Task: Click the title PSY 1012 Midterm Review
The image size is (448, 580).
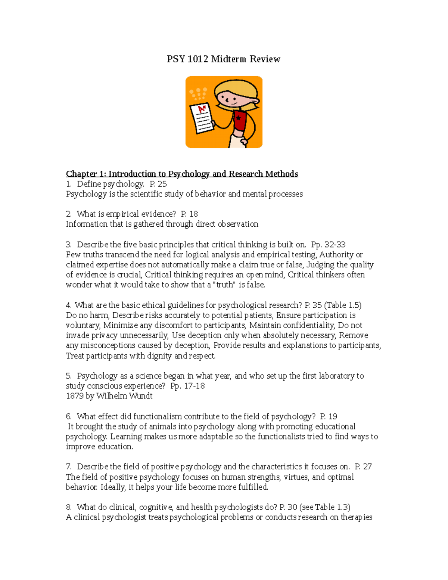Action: [x=223, y=59]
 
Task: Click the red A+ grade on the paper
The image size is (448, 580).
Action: [x=202, y=109]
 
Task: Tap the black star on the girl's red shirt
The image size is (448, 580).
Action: [x=238, y=118]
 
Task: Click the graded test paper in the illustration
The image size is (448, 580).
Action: [x=202, y=118]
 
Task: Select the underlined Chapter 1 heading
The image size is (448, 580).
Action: [x=182, y=174]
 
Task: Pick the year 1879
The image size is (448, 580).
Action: [x=75, y=396]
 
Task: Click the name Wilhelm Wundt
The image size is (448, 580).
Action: [x=124, y=396]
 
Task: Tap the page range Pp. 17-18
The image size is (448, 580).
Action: [x=187, y=386]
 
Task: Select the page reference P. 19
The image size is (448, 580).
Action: [x=329, y=416]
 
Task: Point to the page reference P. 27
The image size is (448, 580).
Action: [x=363, y=466]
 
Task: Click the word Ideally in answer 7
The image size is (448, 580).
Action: [x=113, y=487]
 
